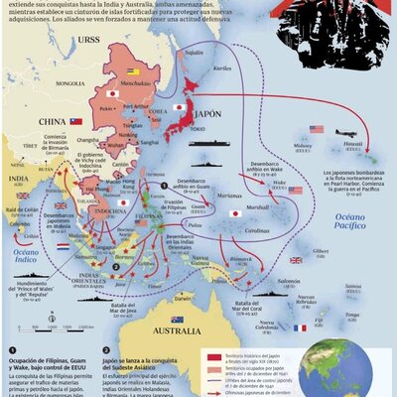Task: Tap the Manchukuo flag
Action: click(134, 72)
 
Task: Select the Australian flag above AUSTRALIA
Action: click(177, 319)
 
